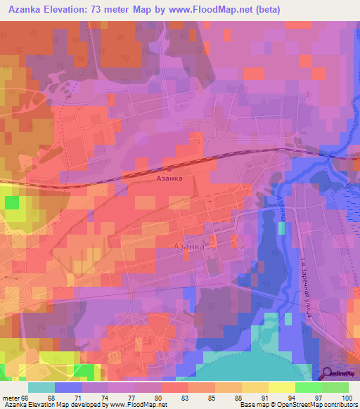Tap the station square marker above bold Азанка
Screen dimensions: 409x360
click(169, 169)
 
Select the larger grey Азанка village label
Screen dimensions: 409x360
click(188, 247)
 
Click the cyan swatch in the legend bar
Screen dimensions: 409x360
click(41, 387)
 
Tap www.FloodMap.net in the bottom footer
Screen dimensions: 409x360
click(136, 405)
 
